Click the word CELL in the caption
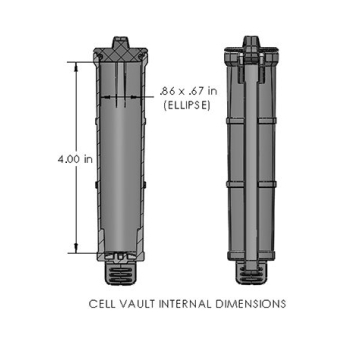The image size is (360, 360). (103, 303)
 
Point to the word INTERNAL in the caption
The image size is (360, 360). (187, 303)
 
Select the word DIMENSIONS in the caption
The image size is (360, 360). (250, 303)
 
